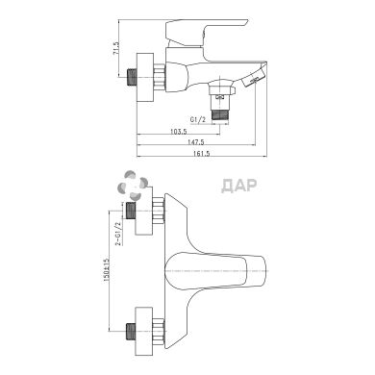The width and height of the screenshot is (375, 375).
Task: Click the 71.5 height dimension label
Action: click(116, 49)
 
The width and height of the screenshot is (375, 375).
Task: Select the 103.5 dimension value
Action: click(179, 131)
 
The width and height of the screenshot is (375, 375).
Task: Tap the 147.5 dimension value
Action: click(196, 142)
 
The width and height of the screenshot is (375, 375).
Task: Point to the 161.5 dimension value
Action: click(202, 153)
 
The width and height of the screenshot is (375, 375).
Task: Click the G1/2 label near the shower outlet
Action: click(197, 119)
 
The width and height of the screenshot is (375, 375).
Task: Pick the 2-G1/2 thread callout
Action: click(118, 233)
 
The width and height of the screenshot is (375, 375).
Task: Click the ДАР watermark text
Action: click(239, 186)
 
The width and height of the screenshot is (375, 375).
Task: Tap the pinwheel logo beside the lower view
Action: click(133, 186)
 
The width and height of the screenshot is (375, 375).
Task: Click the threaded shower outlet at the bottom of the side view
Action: click(220, 114)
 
